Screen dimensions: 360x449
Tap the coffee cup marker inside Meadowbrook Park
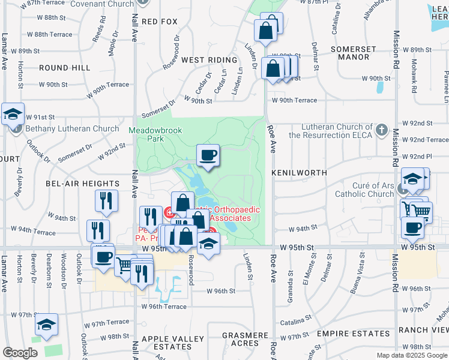[x=208, y=155]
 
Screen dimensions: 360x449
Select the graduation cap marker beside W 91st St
[x=13, y=113]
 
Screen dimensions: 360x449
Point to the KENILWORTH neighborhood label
[x=299, y=173]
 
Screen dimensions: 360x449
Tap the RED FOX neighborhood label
[x=160, y=22]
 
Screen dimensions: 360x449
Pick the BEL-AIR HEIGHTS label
[x=82, y=184]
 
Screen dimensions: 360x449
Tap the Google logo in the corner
[x=20, y=353]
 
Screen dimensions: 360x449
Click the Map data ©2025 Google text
[x=411, y=355]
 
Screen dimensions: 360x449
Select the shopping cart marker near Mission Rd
[x=421, y=211]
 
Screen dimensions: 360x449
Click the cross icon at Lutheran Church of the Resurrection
[x=380, y=130]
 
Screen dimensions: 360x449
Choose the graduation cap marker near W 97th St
[x=46, y=325]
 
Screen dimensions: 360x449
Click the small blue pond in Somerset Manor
[x=380, y=88]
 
